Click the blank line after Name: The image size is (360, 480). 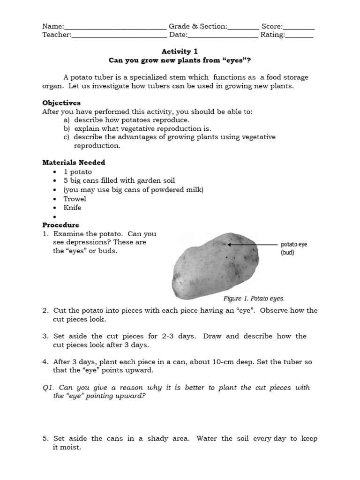115,28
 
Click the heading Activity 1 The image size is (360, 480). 176,52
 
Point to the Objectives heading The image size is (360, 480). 61,103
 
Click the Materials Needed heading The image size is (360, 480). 74,163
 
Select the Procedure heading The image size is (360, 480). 60,225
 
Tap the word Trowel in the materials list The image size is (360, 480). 75,199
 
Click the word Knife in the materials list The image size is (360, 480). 72,208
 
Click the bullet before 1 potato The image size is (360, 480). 55,172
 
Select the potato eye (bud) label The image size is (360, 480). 294,248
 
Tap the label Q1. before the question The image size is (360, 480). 49,388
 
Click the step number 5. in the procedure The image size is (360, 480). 45,439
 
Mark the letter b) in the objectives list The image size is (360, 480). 67,128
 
